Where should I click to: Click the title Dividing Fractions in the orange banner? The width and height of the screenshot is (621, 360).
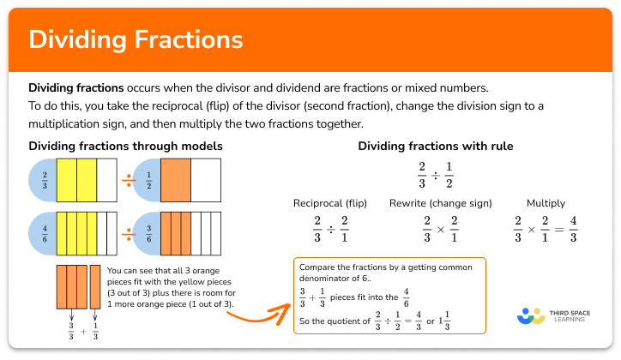coord(136,39)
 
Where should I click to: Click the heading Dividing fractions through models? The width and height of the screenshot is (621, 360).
coord(125,147)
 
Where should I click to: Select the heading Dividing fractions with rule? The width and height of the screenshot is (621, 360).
coord(436,147)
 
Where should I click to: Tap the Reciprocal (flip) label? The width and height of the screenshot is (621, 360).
coord(329,203)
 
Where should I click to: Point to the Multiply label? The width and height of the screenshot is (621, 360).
coord(546,203)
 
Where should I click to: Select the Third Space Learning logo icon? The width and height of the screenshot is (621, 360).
coord(532,315)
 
